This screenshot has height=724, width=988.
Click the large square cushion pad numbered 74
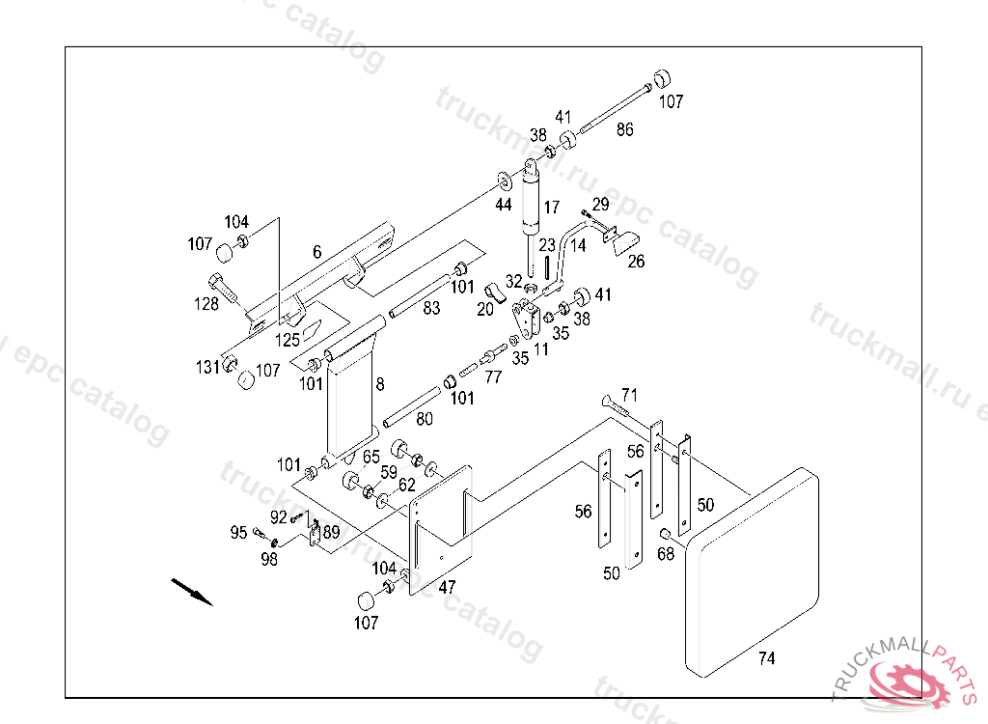click(753, 572)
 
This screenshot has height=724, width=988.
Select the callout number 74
click(766, 658)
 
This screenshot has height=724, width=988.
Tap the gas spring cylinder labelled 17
click(532, 216)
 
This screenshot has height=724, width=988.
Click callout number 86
click(624, 129)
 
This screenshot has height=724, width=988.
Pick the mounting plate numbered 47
click(440, 530)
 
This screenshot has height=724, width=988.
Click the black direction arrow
click(192, 592)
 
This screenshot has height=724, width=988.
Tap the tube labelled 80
click(411, 407)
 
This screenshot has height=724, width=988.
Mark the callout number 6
click(316, 252)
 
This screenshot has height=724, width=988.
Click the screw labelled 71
click(616, 405)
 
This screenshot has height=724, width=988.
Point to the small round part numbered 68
click(664, 534)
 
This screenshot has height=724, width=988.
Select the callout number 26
click(636, 261)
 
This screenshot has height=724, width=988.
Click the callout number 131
click(207, 367)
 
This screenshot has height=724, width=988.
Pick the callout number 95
click(238, 533)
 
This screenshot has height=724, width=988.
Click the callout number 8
click(380, 384)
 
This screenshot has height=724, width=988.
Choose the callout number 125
click(288, 341)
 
